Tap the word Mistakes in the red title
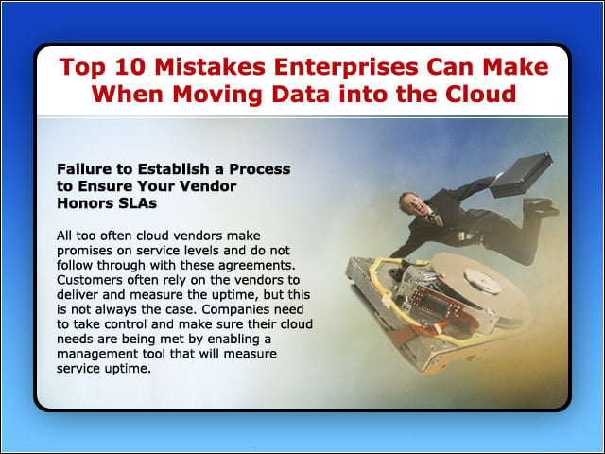(210, 66)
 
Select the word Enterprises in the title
(346, 68)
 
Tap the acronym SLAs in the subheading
(138, 203)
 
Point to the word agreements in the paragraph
(256, 266)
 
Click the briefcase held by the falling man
(521, 175)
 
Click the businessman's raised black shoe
(541, 207)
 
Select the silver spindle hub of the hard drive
(483, 281)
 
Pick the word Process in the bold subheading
(260, 168)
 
